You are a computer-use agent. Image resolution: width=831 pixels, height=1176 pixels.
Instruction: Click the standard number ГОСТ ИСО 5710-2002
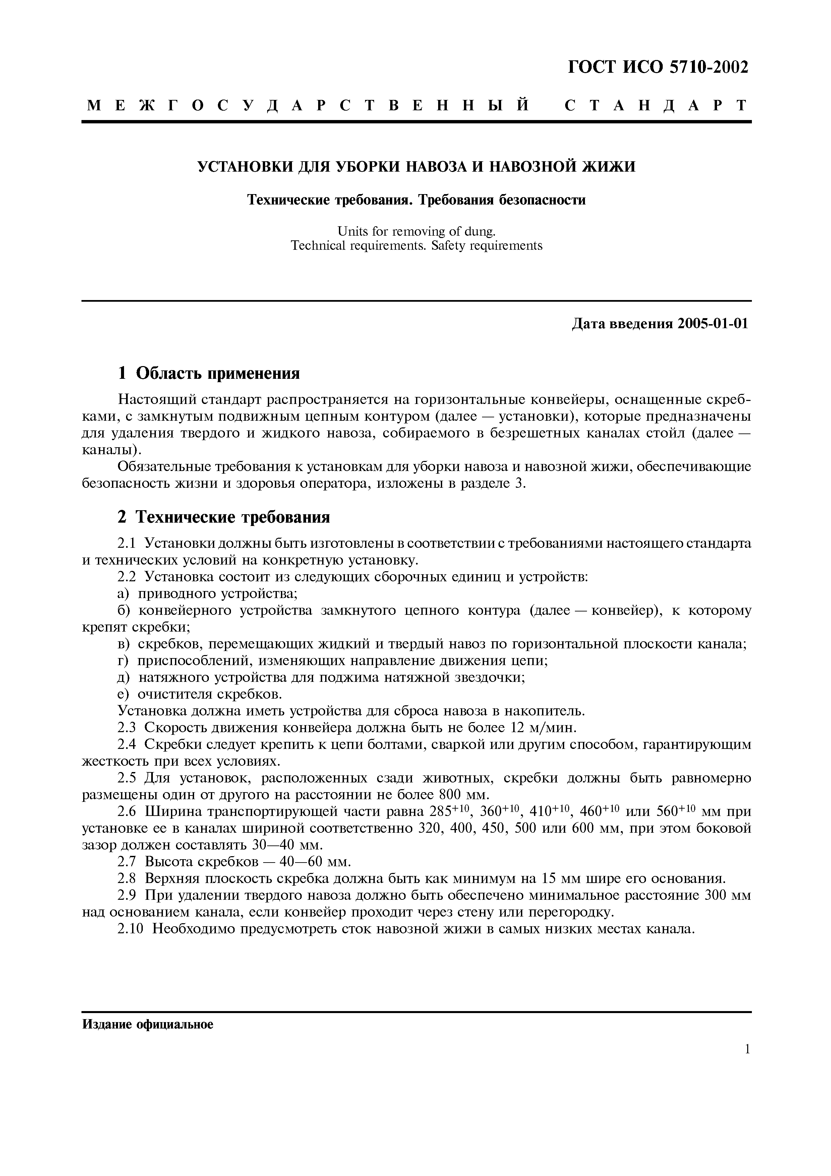tap(658, 67)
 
